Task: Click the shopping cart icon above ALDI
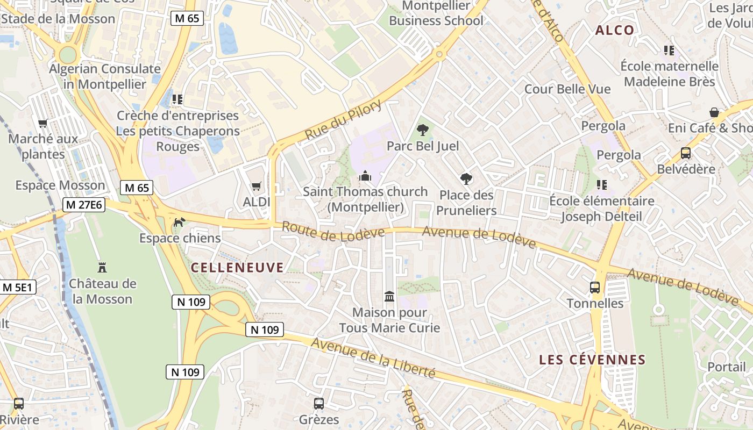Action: click(x=257, y=186)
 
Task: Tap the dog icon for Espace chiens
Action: click(x=179, y=221)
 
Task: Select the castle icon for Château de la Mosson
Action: click(x=102, y=267)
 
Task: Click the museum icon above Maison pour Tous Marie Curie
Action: click(x=389, y=296)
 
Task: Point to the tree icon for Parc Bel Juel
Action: click(x=423, y=130)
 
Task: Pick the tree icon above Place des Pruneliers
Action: click(x=466, y=179)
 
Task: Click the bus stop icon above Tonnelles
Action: click(x=595, y=288)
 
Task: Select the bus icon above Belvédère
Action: click(x=686, y=153)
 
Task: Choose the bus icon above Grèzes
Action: click(x=319, y=403)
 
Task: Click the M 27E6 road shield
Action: click(x=84, y=205)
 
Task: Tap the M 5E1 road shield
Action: click(x=18, y=287)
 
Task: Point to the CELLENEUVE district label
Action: click(x=237, y=267)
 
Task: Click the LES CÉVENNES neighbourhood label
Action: click(x=592, y=360)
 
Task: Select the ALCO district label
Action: click(x=615, y=30)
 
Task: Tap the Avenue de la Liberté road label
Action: click(x=373, y=358)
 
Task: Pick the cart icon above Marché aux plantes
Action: click(x=43, y=123)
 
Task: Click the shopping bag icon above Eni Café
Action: click(x=714, y=112)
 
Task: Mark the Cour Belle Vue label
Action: click(x=567, y=89)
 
